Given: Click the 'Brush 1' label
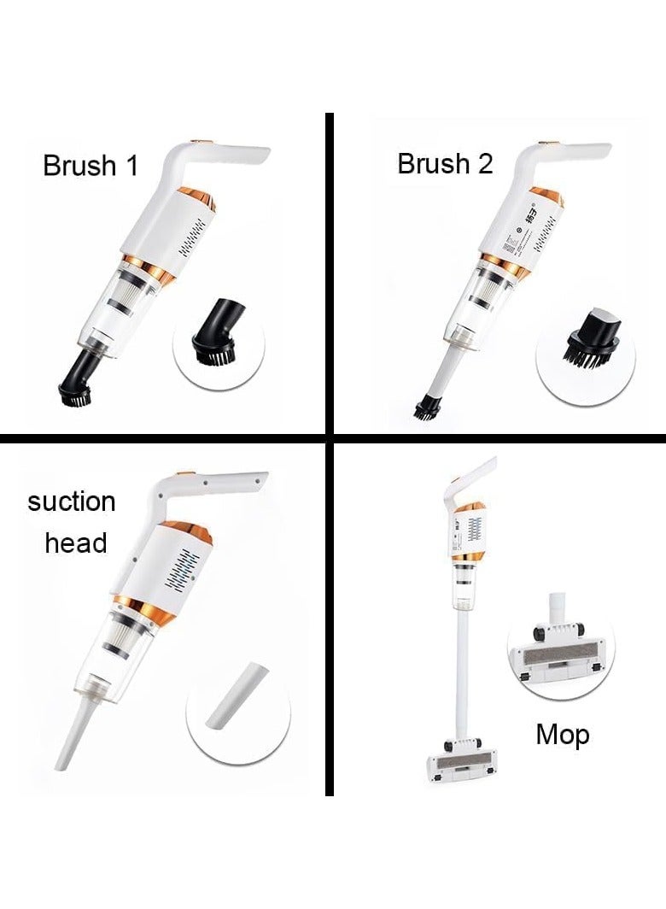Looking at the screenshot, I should point(90,165).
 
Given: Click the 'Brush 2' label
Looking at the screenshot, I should point(445,163).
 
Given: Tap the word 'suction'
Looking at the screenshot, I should point(71,501).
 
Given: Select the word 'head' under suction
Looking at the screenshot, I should point(75,542).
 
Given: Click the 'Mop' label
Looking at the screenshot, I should point(562,734).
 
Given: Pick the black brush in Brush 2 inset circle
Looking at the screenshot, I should point(576,351).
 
